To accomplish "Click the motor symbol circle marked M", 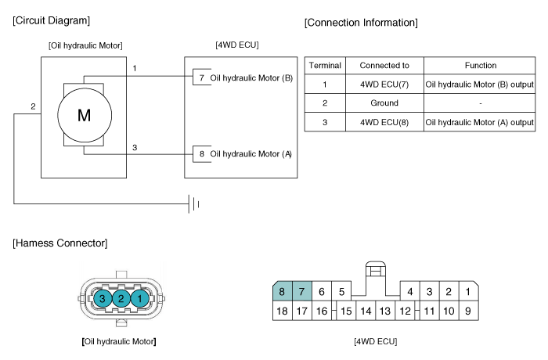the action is click(85, 115).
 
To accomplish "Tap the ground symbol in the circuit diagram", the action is click(193, 204).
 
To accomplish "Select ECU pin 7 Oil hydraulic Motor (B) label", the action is click(246, 77).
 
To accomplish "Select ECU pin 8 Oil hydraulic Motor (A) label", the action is click(246, 154).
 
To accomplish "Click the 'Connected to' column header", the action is click(384, 66).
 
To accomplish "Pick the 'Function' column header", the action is click(481, 66).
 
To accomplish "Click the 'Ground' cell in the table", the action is click(384, 103).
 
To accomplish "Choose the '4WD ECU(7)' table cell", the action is click(384, 85).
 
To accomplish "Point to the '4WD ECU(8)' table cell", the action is click(384, 122).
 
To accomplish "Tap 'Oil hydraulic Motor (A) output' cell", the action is click(479, 122).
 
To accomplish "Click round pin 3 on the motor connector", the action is click(103, 298).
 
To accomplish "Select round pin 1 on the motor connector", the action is click(140, 298).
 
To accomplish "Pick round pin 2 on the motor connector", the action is click(121, 298).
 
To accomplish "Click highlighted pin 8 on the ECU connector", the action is click(282, 291).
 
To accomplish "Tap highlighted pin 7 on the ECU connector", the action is click(302, 291).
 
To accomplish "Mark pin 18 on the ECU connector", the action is click(282, 311).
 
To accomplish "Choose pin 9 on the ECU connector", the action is click(468, 311).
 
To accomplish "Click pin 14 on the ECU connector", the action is click(366, 311).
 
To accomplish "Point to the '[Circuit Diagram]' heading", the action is click(52, 20).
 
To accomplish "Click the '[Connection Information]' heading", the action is click(361, 23).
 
